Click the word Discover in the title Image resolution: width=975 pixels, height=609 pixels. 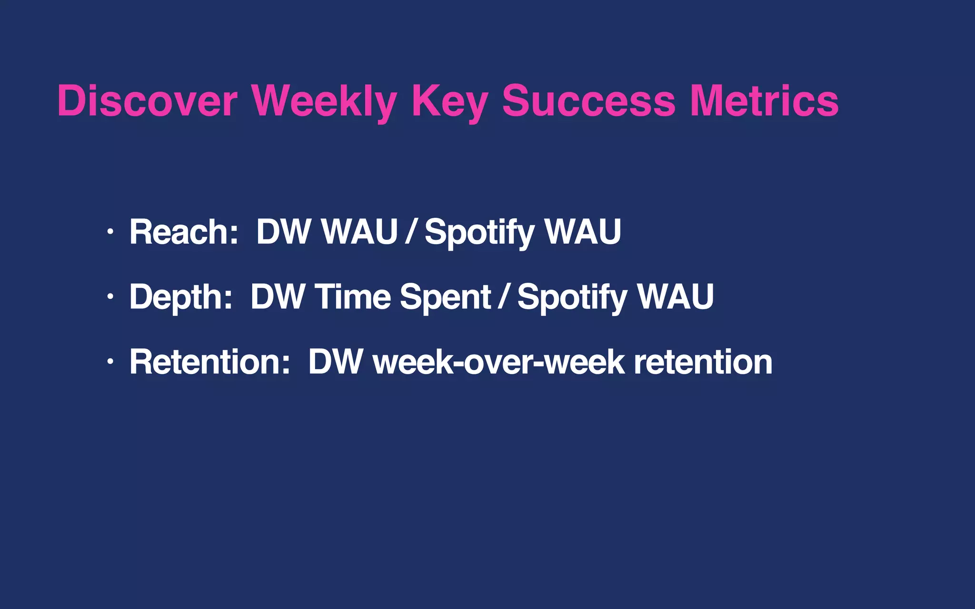click(147, 101)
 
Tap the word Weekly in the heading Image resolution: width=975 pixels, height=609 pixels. click(324, 101)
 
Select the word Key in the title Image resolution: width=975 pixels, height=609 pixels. click(449, 101)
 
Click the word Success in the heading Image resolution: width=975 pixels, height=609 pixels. click(588, 101)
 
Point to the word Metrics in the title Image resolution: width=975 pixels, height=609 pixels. click(764, 101)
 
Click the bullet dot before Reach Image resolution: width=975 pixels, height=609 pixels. click(110, 232)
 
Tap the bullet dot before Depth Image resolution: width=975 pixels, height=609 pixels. click(110, 296)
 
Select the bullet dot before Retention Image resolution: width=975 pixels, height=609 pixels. click(110, 362)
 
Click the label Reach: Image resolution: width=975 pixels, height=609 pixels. click(184, 232)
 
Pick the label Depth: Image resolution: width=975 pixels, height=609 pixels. click(181, 296)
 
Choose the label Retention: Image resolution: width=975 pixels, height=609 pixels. click(210, 362)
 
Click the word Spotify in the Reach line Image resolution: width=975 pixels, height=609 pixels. click(479, 232)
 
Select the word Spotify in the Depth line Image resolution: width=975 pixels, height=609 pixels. click(572, 296)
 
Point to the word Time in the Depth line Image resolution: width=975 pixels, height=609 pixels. click(352, 296)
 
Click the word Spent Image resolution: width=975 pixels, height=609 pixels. click(445, 296)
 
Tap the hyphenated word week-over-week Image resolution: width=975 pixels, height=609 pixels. click(498, 362)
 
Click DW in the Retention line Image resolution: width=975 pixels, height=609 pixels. click(336, 362)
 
